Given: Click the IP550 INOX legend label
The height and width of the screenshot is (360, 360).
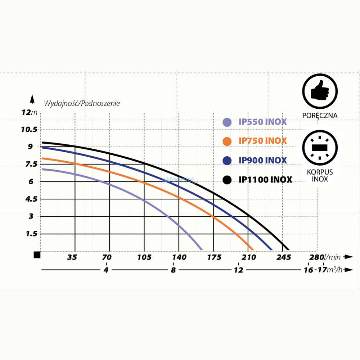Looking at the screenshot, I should click(x=262, y=122).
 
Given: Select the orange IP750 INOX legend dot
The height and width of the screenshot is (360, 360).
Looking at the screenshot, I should click(x=227, y=141).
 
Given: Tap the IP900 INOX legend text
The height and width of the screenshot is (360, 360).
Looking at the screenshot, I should click(x=262, y=160).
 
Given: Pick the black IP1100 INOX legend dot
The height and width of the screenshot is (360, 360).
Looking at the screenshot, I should click(x=227, y=180).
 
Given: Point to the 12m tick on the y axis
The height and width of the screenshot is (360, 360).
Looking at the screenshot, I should click(x=29, y=112).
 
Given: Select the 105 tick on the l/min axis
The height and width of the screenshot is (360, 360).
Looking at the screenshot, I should click(x=144, y=257).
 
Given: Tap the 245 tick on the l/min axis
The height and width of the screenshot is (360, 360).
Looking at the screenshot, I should click(x=284, y=257).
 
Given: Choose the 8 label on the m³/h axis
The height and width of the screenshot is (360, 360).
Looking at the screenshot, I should click(x=174, y=270).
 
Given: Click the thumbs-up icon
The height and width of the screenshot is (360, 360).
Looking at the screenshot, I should click(x=320, y=92).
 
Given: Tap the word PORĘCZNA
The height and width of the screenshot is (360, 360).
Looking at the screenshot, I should click(x=320, y=116).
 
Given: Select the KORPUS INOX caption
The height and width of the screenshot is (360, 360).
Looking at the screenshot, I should click(x=320, y=175).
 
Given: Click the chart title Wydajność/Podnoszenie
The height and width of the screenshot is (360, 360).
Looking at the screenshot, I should click(x=82, y=103).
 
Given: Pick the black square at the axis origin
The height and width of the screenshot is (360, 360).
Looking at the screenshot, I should click(x=37, y=255).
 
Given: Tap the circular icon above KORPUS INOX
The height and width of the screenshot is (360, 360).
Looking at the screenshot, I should click(x=320, y=148).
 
